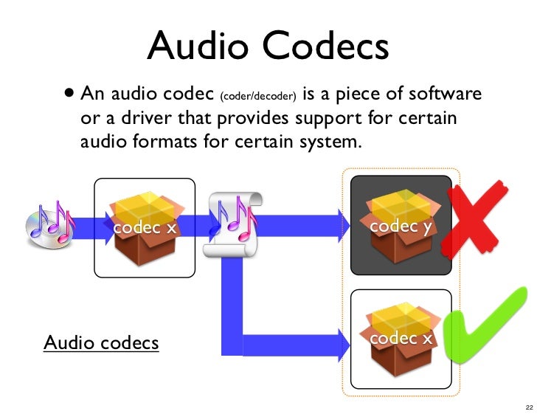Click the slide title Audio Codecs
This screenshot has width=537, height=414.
tap(268, 46)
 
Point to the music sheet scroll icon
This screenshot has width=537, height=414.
tap(235, 224)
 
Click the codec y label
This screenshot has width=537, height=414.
tap(401, 227)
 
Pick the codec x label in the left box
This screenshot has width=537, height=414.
tap(145, 228)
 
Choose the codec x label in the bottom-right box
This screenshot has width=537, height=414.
tap(401, 339)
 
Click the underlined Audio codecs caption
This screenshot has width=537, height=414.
tap(101, 343)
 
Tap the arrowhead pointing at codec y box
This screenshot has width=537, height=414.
tap(343, 223)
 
